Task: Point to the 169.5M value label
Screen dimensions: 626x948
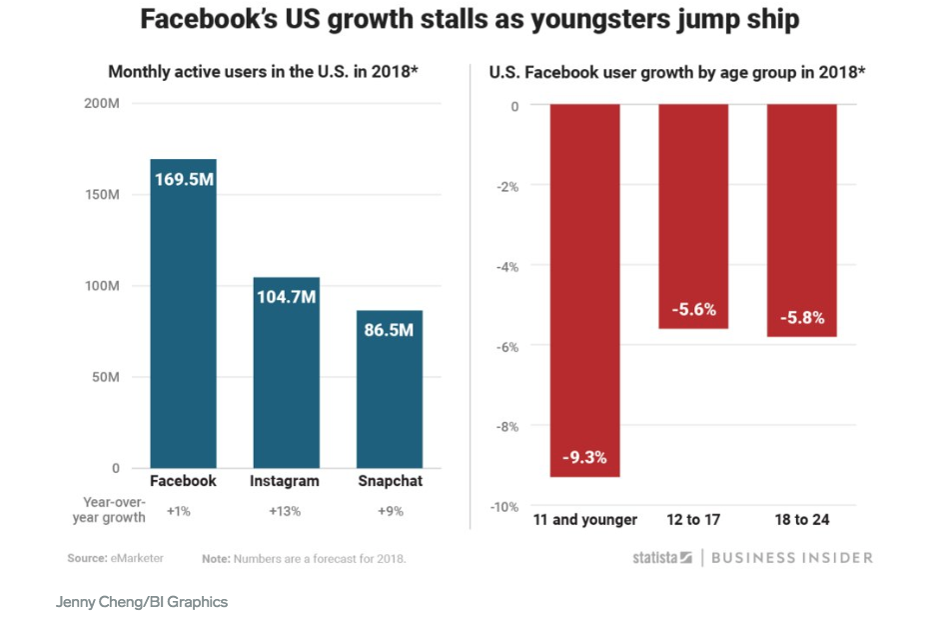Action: point(184,181)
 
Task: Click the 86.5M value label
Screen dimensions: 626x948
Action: point(390,329)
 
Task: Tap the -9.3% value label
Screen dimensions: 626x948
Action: point(584,458)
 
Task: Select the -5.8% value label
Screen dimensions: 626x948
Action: point(802,318)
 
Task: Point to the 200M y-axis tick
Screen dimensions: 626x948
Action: point(101,104)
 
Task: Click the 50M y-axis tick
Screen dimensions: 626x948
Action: point(104,377)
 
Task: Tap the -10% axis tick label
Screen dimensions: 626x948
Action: point(503,507)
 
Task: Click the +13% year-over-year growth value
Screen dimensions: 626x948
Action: point(285,511)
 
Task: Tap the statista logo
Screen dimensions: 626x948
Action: point(661,558)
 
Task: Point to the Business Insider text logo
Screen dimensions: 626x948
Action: point(793,558)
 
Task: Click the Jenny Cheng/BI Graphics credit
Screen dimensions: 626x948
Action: point(141,602)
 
